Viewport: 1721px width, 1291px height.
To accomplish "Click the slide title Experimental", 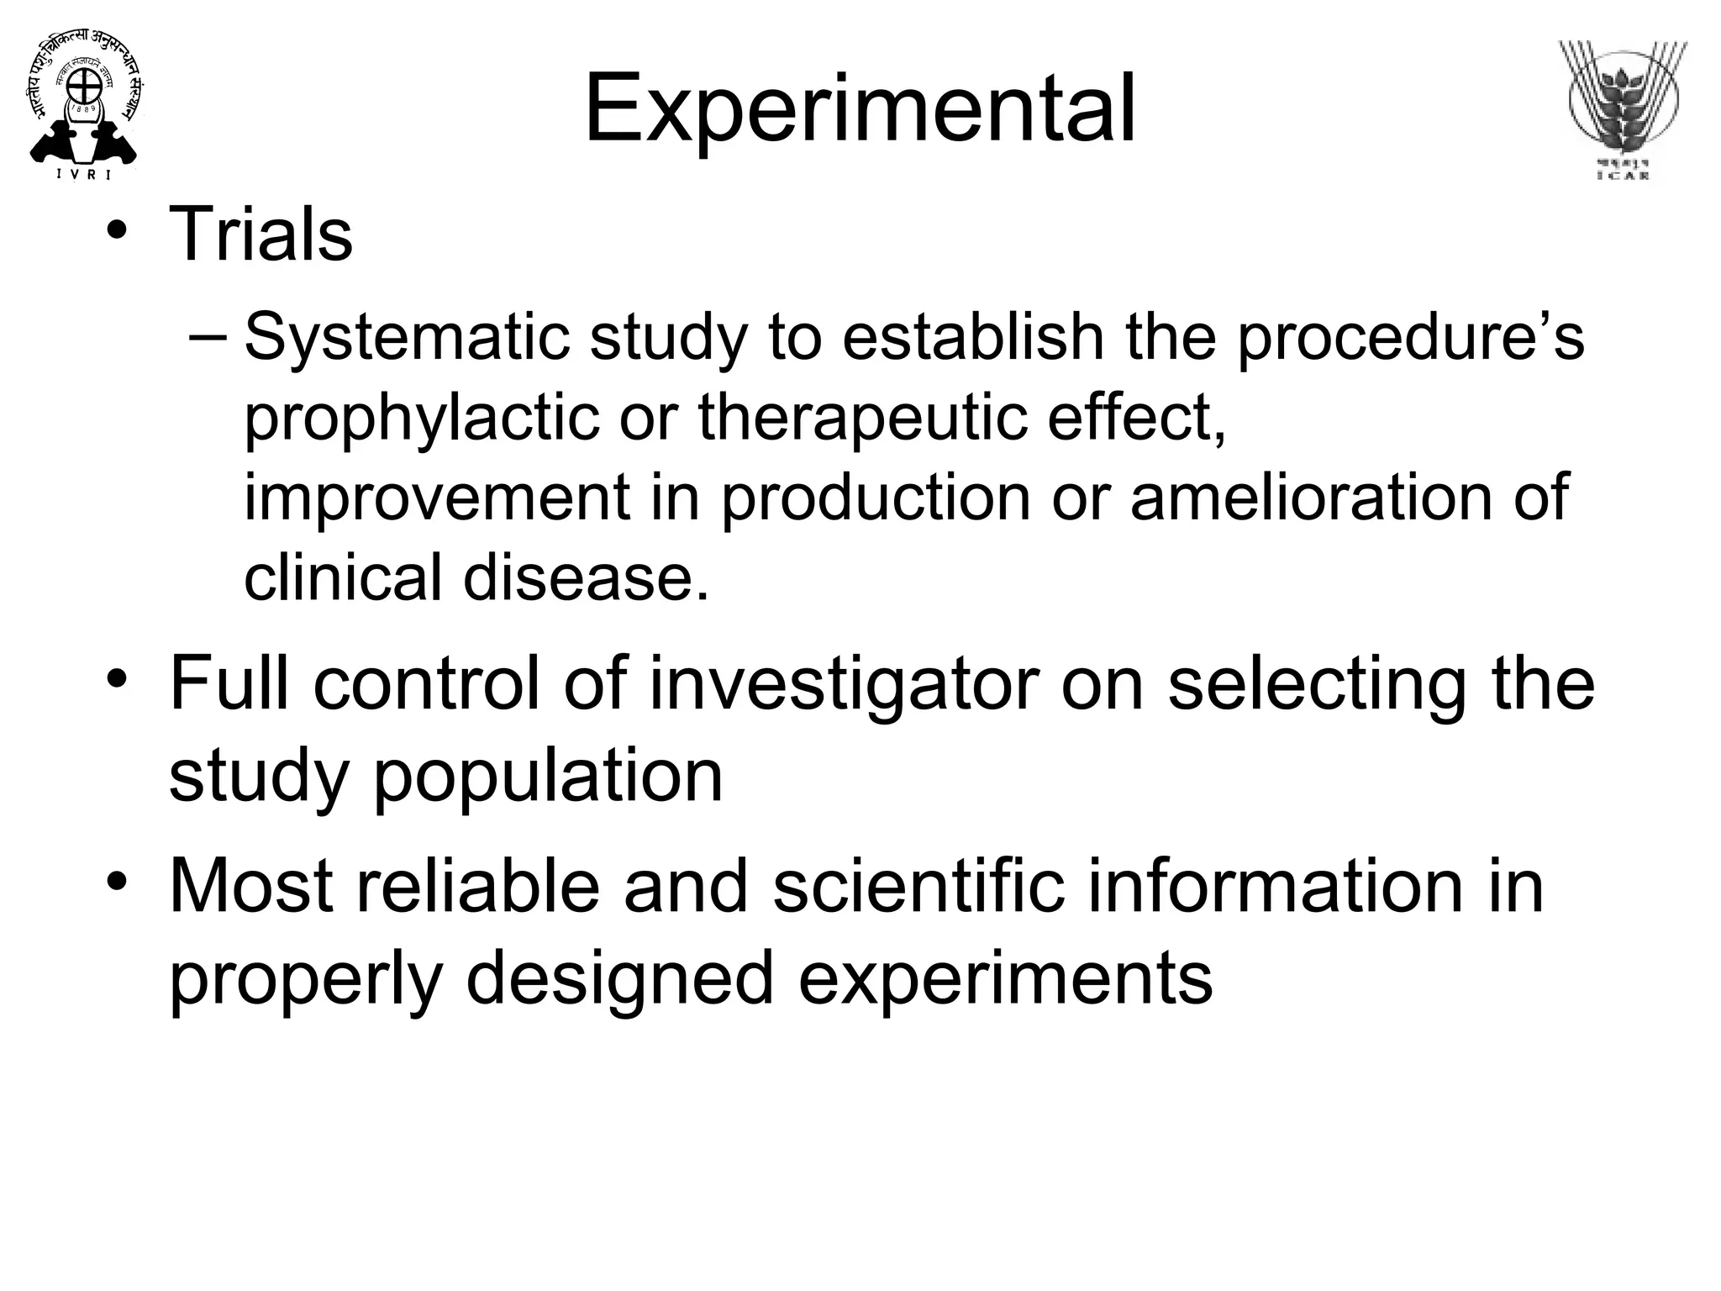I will (859, 109).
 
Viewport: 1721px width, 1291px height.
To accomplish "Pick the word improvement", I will (437, 497).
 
